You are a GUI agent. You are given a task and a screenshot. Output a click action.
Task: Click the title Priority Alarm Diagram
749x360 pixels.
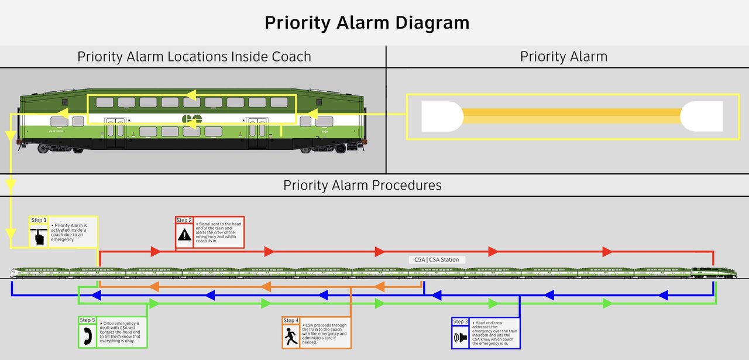(367, 23)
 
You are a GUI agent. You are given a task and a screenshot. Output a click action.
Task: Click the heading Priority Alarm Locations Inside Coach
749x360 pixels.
(194, 57)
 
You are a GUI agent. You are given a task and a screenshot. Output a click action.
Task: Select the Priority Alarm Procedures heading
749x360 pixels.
(362, 185)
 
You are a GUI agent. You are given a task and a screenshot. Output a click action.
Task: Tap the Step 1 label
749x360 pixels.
(38, 220)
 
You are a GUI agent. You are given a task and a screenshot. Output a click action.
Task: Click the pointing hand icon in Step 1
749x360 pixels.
(39, 236)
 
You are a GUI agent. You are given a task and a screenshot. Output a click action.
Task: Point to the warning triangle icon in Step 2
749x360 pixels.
(184, 235)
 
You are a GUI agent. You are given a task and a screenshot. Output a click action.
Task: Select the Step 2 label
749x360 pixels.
(184, 220)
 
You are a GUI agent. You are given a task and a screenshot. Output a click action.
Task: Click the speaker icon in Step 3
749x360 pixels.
(461, 338)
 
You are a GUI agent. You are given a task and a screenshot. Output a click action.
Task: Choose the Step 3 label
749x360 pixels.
(461, 321)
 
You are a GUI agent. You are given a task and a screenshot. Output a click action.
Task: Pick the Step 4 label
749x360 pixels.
(291, 320)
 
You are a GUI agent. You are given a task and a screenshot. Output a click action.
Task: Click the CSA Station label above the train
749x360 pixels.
(437, 259)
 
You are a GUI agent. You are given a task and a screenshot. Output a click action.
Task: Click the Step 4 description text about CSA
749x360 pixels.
(326, 333)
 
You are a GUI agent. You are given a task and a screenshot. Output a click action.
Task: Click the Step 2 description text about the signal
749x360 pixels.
(219, 232)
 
